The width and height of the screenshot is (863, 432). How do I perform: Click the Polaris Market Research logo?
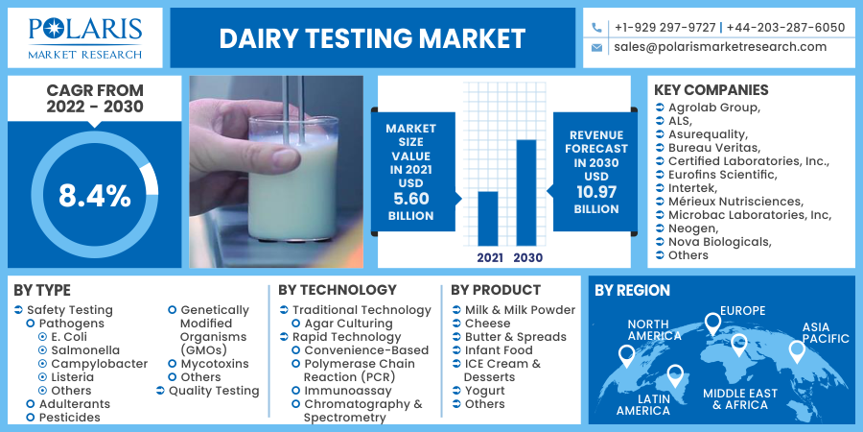click(x=85, y=37)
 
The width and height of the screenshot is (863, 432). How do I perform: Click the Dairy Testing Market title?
click(x=372, y=38)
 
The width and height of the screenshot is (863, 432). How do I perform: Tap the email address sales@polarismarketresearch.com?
click(x=720, y=46)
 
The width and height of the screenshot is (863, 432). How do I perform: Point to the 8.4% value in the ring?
click(x=94, y=196)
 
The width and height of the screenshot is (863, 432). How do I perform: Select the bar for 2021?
click(x=488, y=218)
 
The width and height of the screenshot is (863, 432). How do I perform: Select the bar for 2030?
click(x=526, y=192)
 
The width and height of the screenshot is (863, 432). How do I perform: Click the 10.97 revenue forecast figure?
click(x=595, y=192)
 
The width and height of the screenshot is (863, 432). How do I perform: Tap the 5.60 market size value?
click(x=410, y=199)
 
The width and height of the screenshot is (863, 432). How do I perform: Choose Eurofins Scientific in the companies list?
click(x=722, y=175)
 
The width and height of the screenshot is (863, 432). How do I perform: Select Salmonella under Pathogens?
click(x=85, y=350)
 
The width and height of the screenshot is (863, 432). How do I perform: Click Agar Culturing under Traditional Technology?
click(x=348, y=324)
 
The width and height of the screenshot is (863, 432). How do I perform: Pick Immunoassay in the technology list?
click(x=349, y=391)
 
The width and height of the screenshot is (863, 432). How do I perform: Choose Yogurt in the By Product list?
click(x=484, y=391)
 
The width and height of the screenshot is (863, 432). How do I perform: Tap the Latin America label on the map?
click(x=643, y=404)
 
